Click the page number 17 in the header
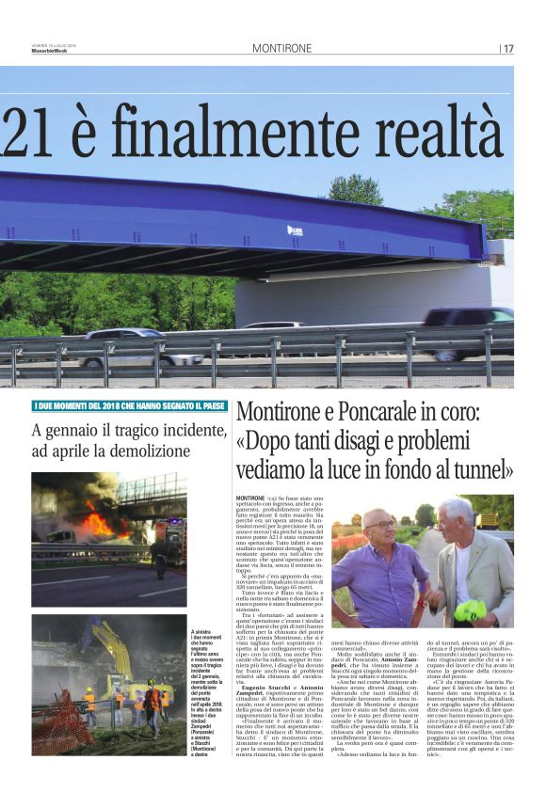pos(508,48)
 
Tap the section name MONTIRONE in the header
pos(281,48)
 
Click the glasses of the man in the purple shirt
pos(381,524)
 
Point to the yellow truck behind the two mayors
pos(490,520)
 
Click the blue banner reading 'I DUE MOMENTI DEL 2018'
pos(129,405)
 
